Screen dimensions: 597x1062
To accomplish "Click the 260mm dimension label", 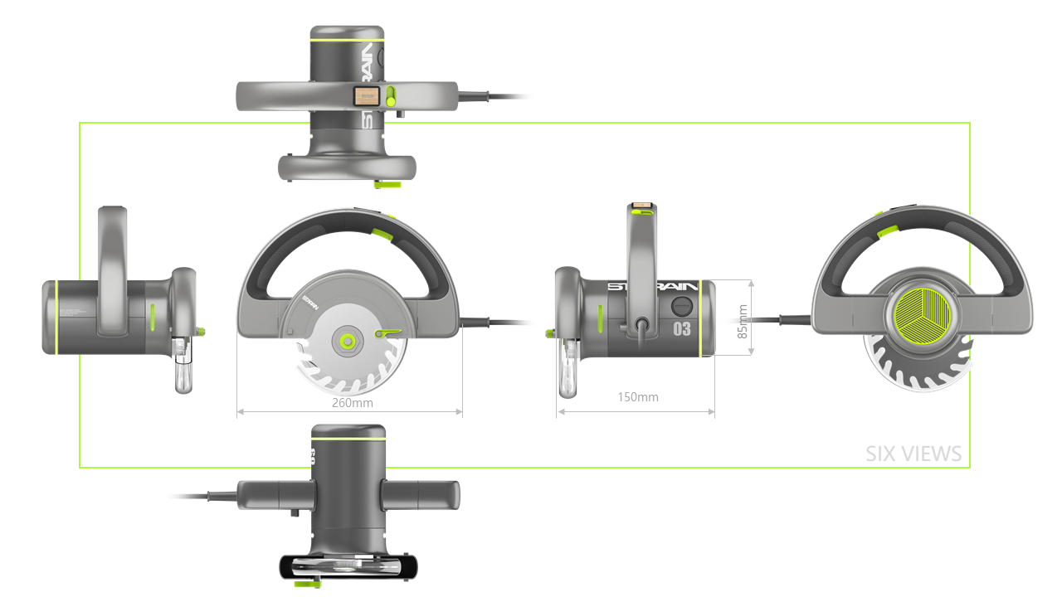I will [x=352, y=403].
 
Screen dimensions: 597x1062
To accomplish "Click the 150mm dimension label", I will [x=638, y=397].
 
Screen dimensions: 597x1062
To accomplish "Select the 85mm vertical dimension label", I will [x=743, y=320].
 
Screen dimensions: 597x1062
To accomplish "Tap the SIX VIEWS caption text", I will [x=913, y=454].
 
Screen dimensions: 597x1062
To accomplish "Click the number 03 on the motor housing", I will [x=681, y=328].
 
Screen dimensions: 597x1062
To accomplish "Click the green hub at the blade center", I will [x=347, y=340].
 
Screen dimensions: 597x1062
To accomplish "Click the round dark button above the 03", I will [x=681, y=305].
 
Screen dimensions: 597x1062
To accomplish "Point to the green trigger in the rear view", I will [x=885, y=231].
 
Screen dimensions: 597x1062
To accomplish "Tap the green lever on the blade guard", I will [x=387, y=332].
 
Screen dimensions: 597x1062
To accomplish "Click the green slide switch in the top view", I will [x=391, y=96].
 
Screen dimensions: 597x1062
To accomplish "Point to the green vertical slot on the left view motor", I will [x=153, y=316].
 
